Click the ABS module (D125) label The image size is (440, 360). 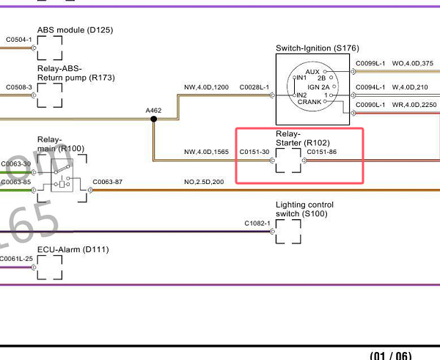75,30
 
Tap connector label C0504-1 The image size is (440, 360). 18,40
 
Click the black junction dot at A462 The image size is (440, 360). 153,120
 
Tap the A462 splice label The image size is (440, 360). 153,111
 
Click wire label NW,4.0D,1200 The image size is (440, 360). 206,87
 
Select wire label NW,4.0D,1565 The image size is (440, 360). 206,153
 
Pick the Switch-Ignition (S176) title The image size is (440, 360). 317,48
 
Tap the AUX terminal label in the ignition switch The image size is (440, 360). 312,71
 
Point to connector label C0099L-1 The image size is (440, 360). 370,64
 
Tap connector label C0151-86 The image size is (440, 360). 322,153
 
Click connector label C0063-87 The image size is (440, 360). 108,182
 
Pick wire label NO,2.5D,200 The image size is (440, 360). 205,182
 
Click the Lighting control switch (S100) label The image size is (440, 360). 304,209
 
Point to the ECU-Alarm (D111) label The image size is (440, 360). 73,249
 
